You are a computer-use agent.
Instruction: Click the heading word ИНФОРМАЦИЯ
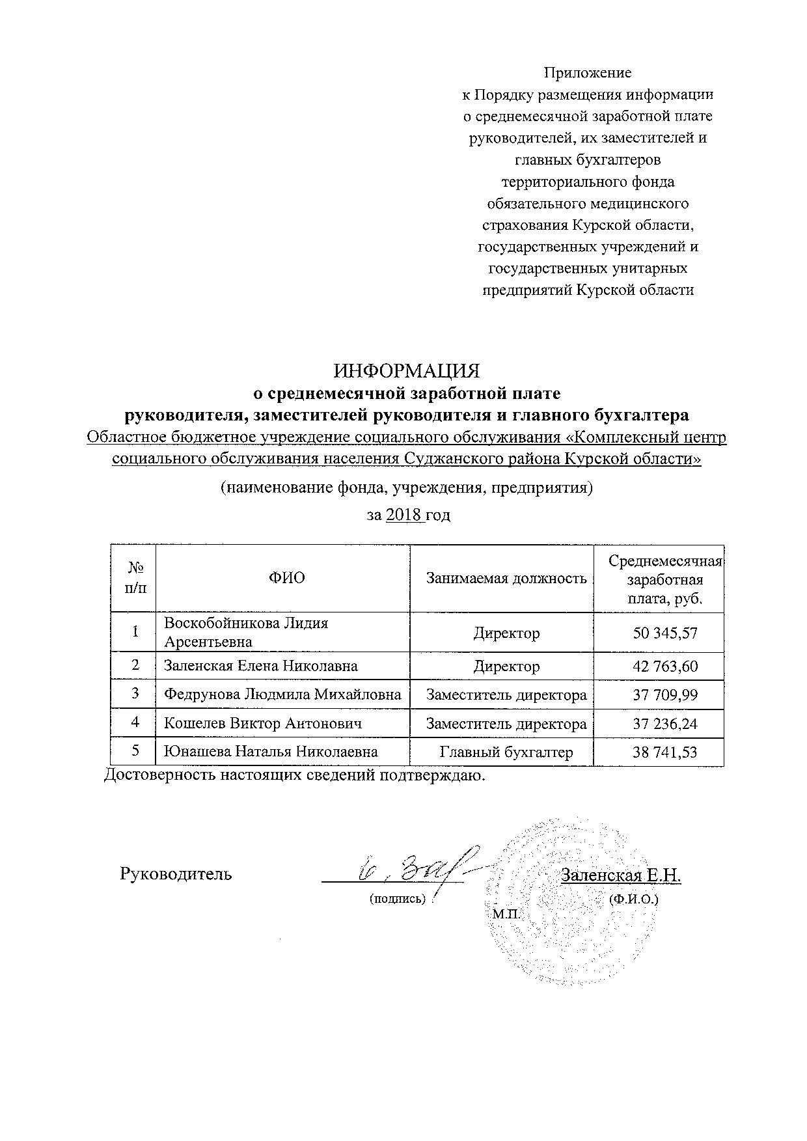pos(407,371)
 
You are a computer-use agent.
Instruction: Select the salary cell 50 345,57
pos(665,633)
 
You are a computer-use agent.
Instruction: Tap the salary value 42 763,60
pos(665,667)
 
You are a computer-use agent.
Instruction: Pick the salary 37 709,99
pos(665,695)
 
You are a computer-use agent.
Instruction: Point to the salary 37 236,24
pos(665,724)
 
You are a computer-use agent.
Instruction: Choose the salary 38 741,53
pos(665,752)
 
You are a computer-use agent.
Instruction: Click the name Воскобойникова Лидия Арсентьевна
pos(246,633)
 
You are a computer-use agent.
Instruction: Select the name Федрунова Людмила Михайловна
pos(282,695)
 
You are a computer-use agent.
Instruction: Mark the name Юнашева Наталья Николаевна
pos(271,752)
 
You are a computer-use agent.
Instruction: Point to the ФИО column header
pos(286,578)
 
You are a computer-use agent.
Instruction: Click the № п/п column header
pos(135,578)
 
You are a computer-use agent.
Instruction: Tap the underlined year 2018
pos(403,516)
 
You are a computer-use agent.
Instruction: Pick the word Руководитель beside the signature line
pos(176,874)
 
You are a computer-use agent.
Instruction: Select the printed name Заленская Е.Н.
pos(621,875)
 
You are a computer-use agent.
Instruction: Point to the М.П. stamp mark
pos(508,914)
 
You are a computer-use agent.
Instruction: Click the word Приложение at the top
pos(588,73)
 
